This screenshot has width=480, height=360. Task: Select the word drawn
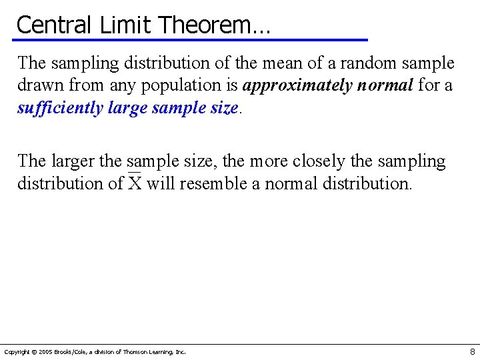(37, 85)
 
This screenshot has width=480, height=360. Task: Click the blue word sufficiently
(59, 108)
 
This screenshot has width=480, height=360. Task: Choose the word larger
(69, 161)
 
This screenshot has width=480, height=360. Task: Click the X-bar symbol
(135, 183)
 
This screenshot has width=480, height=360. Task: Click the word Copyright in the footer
(17, 352)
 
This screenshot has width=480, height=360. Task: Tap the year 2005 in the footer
(45, 352)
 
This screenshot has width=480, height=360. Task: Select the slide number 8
(472, 351)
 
